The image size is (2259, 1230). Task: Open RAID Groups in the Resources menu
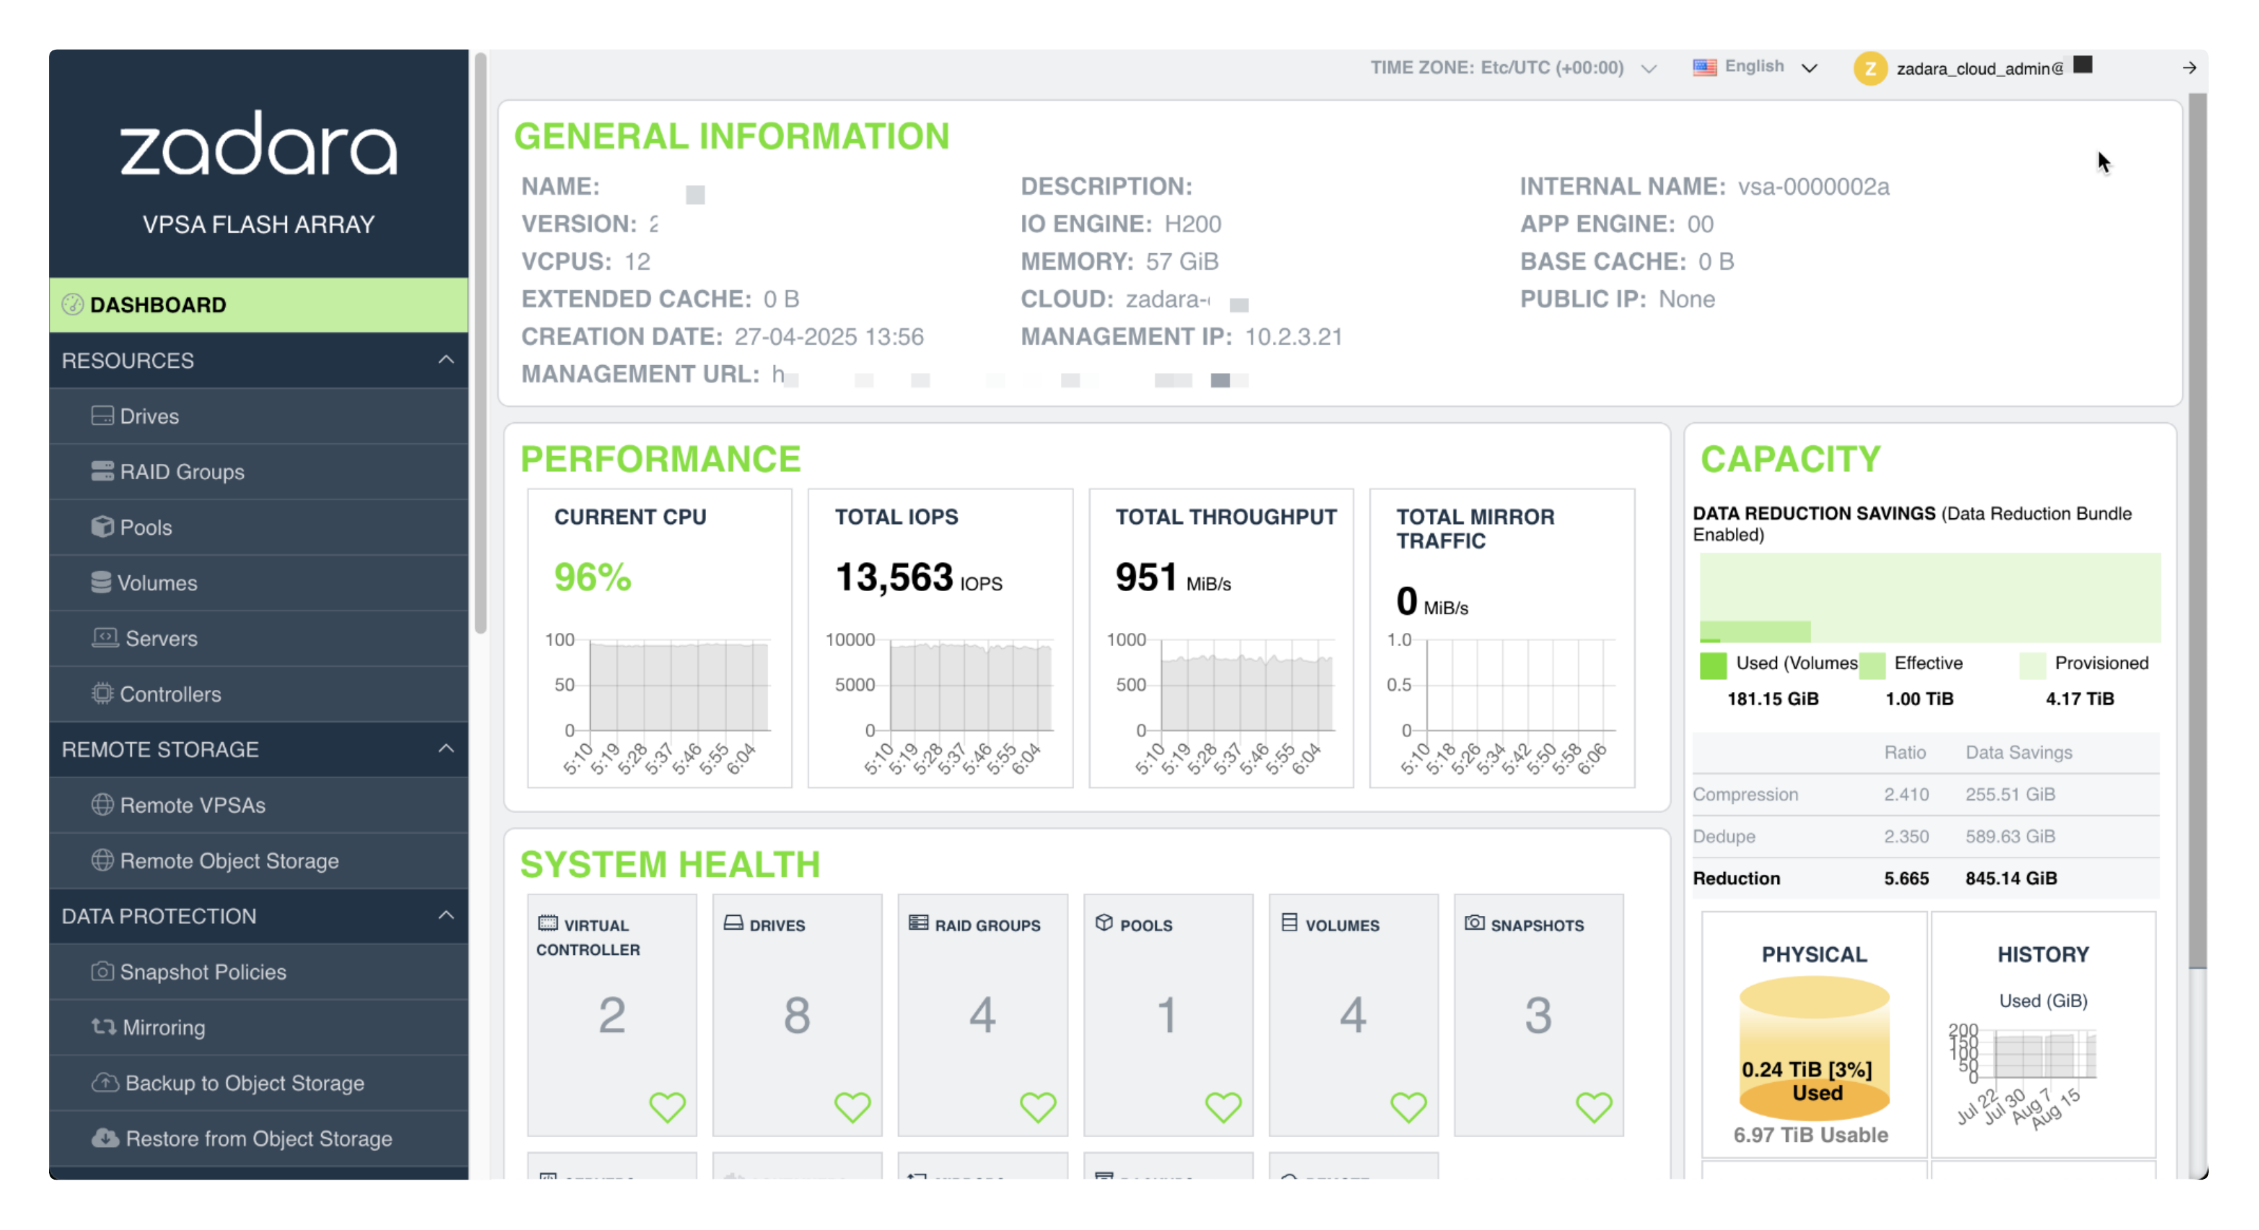(x=181, y=472)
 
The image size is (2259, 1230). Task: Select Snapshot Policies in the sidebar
(x=203, y=972)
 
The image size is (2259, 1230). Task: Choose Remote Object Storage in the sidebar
(x=229, y=861)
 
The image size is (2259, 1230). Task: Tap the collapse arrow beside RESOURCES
(x=446, y=360)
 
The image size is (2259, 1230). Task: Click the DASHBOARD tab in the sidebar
(x=158, y=304)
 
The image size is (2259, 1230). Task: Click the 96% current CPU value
(x=592, y=577)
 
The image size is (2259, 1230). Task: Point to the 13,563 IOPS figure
(x=893, y=577)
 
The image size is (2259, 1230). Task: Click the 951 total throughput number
(x=1145, y=577)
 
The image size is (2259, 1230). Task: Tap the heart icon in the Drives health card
(x=852, y=1107)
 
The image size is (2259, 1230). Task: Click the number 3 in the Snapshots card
(x=1537, y=1015)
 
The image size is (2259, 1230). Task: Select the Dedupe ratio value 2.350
(x=1905, y=836)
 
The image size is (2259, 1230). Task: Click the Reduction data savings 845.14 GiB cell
(x=2010, y=878)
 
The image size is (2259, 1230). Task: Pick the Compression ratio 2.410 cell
(x=1905, y=794)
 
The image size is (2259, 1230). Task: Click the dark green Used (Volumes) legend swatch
(x=1713, y=665)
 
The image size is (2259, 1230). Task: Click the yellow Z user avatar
(x=1870, y=68)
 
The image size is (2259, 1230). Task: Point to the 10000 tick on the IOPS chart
(x=850, y=640)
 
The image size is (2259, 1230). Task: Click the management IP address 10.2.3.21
(x=1293, y=337)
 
